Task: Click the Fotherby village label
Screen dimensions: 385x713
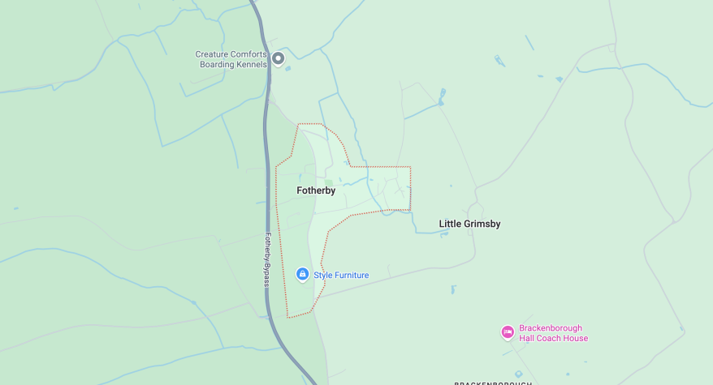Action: [316, 190]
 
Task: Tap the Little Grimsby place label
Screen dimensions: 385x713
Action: [469, 224]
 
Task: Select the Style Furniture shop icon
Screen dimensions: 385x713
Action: [302, 275]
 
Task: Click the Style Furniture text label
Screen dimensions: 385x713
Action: [341, 276]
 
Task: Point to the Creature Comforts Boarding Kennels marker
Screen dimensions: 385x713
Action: [279, 58]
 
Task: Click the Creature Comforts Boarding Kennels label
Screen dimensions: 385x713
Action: [231, 59]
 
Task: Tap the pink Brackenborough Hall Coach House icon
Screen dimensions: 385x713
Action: [508, 332]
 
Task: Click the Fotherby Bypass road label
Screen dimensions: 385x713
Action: [266, 259]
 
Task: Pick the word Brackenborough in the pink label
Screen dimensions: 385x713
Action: [551, 328]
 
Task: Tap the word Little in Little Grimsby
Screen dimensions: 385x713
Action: [450, 224]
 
